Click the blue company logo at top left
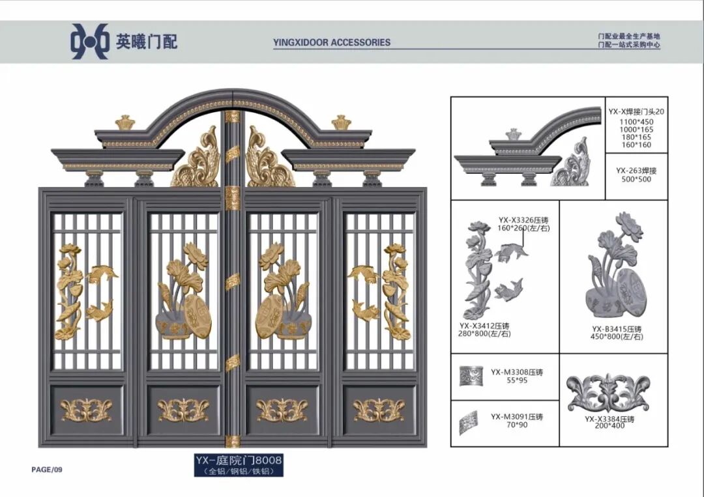(x=90, y=41)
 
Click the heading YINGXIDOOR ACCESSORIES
(x=332, y=42)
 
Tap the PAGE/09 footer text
(x=47, y=470)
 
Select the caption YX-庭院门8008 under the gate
(x=239, y=460)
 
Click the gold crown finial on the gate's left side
(x=125, y=122)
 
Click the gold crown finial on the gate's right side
(x=341, y=122)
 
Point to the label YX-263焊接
(x=636, y=171)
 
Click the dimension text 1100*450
(x=636, y=122)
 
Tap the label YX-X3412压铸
(x=484, y=326)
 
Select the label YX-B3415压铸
(x=617, y=329)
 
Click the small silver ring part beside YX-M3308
(x=471, y=375)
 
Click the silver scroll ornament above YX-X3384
(x=608, y=393)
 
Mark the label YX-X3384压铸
(x=609, y=419)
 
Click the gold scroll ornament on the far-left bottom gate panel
(x=87, y=410)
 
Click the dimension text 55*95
(x=516, y=380)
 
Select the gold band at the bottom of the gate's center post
(x=233, y=440)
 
